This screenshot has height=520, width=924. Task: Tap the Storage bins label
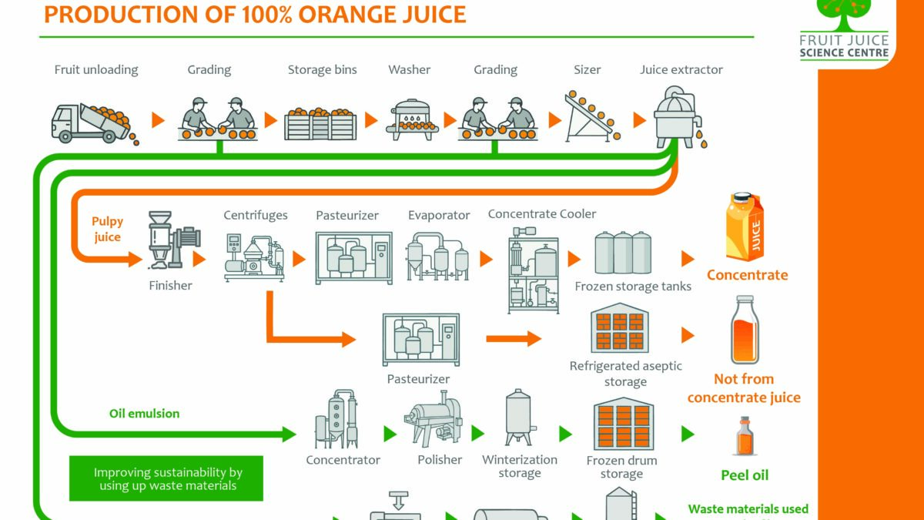[322, 69]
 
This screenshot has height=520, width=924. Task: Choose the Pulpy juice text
[107, 229]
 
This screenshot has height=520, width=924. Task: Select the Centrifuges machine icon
[254, 255]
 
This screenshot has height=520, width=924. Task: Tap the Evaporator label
[439, 216]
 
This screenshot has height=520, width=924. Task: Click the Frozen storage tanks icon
[623, 253]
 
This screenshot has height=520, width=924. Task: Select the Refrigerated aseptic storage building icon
[619, 327]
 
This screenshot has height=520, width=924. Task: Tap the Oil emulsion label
[144, 413]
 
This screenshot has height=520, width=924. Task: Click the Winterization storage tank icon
[519, 418]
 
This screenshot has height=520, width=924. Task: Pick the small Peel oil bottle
[744, 437]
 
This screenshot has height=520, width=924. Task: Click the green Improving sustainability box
[166, 478]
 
